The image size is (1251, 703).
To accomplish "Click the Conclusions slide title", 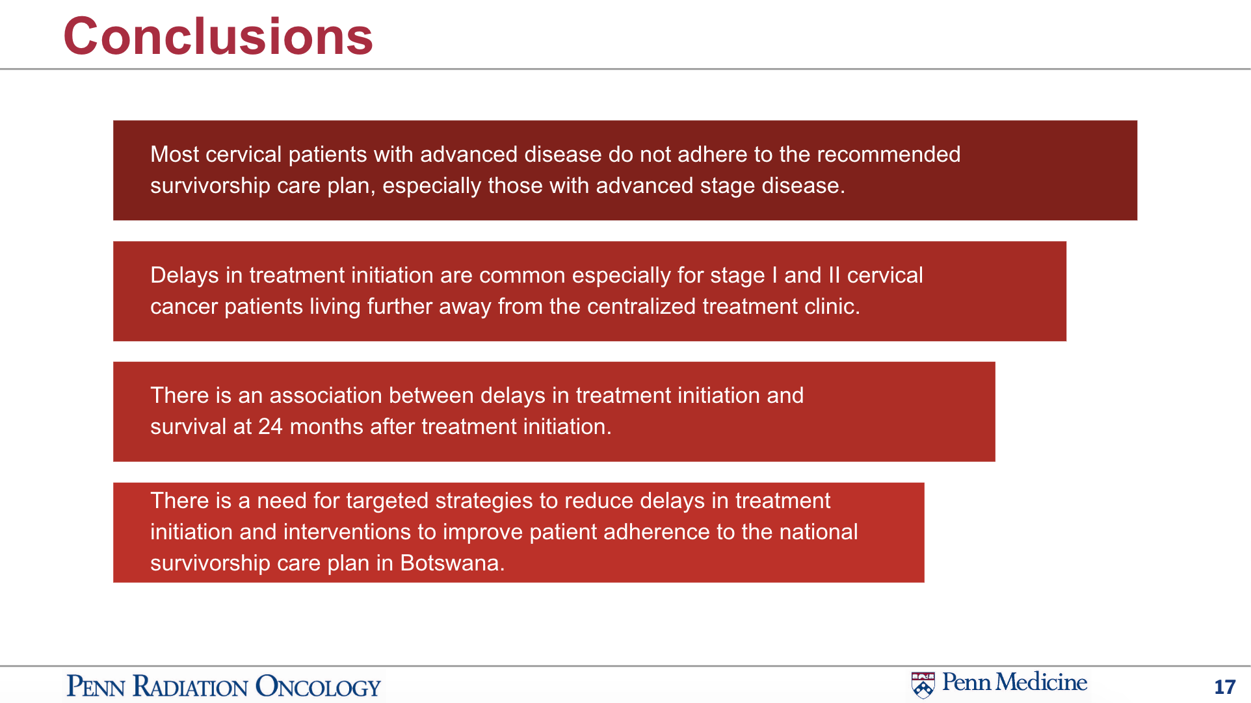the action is (218, 36).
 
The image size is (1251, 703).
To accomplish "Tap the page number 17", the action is (1225, 687).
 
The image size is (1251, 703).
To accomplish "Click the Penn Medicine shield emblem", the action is (923, 685).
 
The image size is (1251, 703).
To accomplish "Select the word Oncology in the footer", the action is (318, 687).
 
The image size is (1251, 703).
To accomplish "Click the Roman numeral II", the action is (834, 275).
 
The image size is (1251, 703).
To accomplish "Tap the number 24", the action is (270, 427).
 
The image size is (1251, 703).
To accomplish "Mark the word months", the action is (326, 427).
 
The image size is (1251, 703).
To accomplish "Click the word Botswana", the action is (453, 563).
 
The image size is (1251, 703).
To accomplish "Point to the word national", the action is (819, 532).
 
